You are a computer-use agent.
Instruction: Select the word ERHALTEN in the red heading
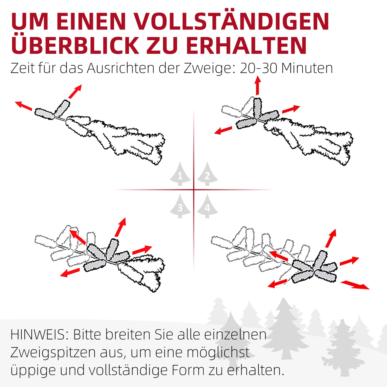point(246,45)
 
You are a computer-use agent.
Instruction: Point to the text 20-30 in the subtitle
point(258,68)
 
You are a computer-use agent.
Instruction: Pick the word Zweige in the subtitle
point(208,69)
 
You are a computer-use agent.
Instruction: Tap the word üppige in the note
point(33,371)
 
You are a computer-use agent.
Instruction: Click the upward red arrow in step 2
point(258,85)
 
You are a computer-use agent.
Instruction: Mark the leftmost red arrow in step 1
point(23,106)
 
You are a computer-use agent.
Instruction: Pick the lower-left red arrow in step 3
point(70,273)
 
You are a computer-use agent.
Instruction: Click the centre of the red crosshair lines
point(194,190)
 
